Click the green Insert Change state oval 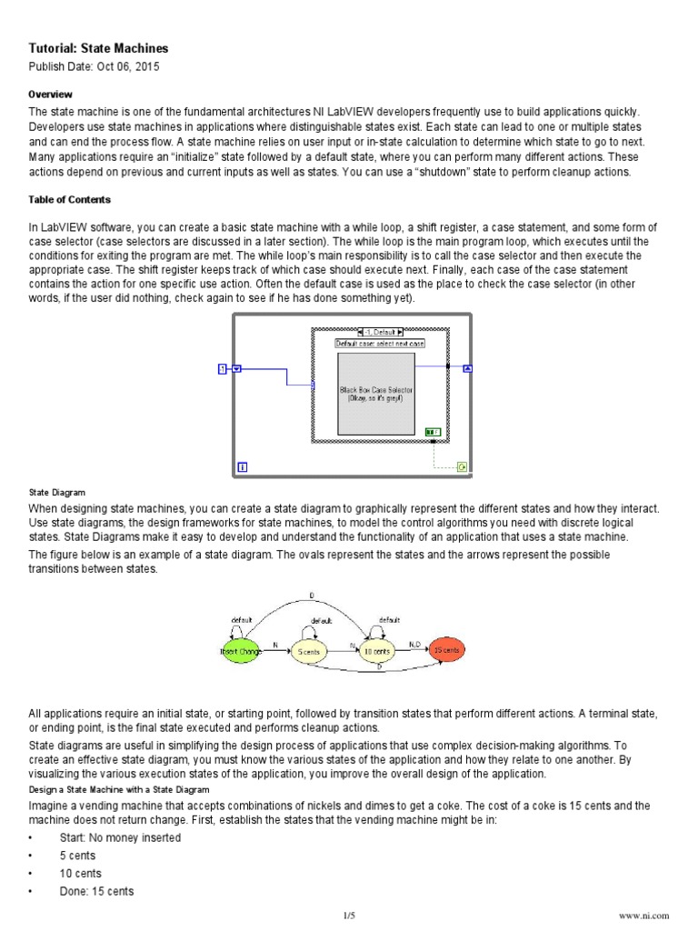[240, 651]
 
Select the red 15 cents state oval [445, 650]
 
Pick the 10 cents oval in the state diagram [377, 651]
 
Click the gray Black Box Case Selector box [376, 394]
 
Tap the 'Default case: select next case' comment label [380, 344]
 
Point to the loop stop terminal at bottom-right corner [462, 466]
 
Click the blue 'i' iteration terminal [243, 466]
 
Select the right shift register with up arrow [468, 368]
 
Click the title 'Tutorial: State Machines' [98, 48]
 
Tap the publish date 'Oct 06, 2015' [118, 67]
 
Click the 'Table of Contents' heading [69, 200]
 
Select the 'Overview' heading [50, 95]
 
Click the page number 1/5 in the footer [349, 916]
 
